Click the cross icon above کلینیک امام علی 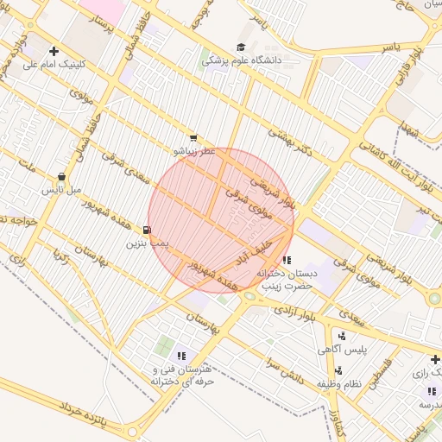click(54, 51)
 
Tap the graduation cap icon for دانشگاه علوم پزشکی click(241, 47)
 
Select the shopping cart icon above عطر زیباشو click(193, 137)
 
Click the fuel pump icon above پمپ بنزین click(148, 230)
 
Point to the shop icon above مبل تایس click(61, 176)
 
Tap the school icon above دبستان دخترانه click(287, 259)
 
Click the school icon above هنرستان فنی click(181, 356)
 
